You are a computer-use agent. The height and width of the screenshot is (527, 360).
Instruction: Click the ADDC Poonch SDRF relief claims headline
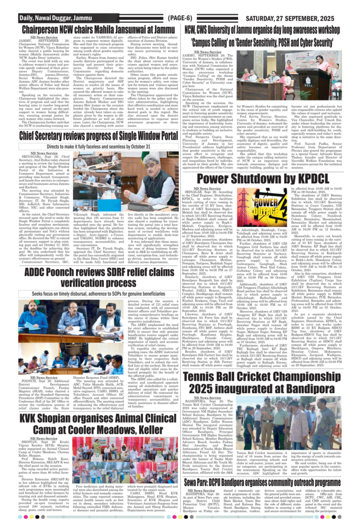[x=91, y=278]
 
